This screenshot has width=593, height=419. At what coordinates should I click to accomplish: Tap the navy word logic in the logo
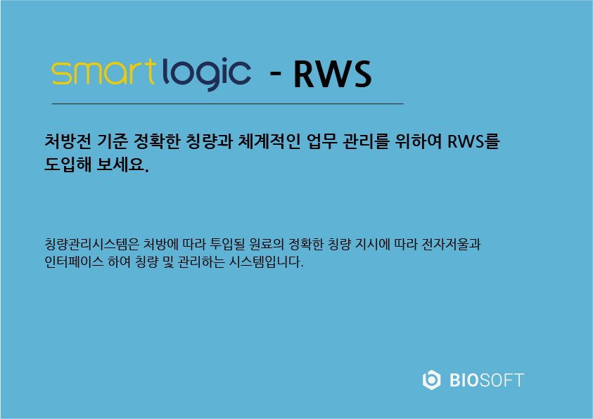pyautogui.click(x=207, y=74)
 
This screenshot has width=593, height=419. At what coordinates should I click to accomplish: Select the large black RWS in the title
pyautogui.click(x=333, y=75)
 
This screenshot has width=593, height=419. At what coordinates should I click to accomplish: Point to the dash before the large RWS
pyautogui.click(x=275, y=72)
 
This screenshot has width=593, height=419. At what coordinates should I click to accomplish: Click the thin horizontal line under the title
pyautogui.click(x=228, y=103)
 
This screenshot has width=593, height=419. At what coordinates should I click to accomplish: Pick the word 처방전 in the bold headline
pyautogui.click(x=68, y=141)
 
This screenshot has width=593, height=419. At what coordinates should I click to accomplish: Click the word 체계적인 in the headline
pyautogui.click(x=269, y=141)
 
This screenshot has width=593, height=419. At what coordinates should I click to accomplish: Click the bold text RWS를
pyautogui.click(x=473, y=141)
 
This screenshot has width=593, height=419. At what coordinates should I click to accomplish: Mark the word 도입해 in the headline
pyautogui.click(x=68, y=165)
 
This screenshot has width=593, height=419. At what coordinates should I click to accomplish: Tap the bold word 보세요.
pyautogui.click(x=123, y=165)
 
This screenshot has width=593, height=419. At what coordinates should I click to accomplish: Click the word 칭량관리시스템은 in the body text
pyautogui.click(x=92, y=244)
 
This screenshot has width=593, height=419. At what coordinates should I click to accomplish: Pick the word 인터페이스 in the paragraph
pyautogui.click(x=74, y=262)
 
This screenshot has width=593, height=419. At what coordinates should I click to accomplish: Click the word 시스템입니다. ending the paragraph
pyautogui.click(x=266, y=262)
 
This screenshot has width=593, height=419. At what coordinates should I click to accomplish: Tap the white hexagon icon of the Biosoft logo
pyautogui.click(x=431, y=380)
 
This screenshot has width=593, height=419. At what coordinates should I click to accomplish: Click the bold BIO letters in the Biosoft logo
pyautogui.click(x=464, y=380)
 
